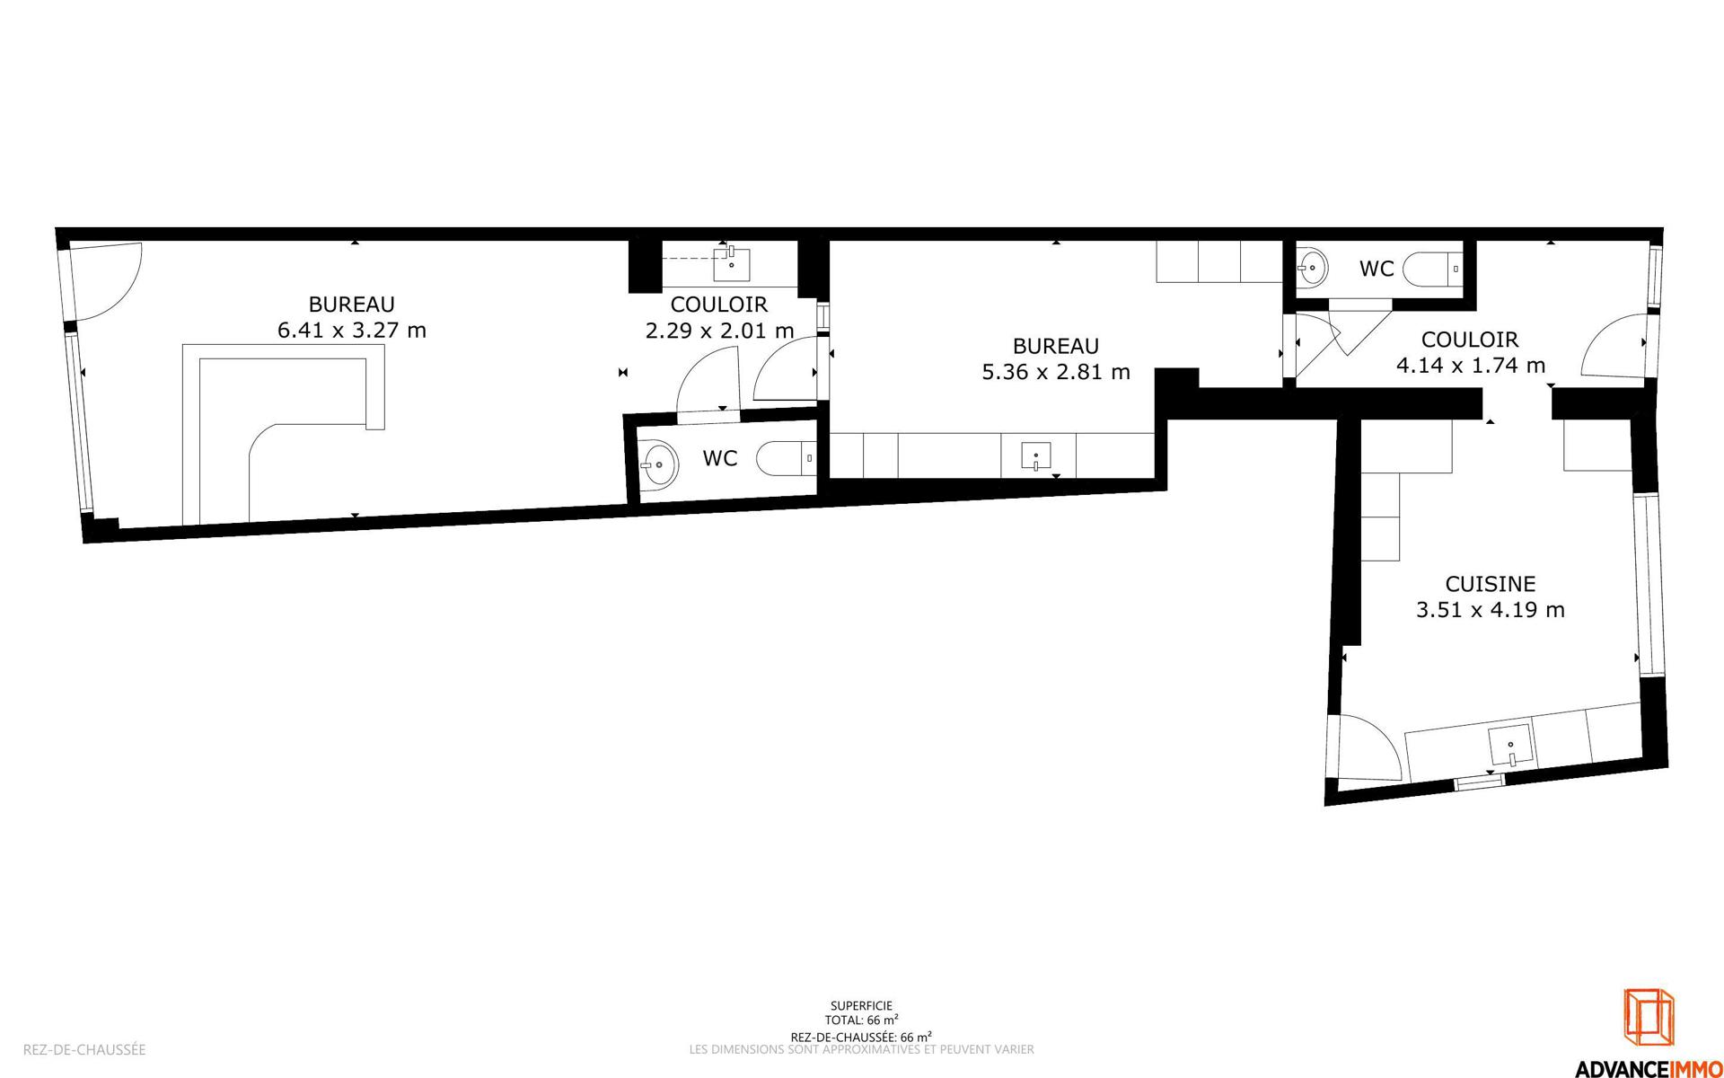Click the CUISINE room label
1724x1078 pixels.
(x=1490, y=584)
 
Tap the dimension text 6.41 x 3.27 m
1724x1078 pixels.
(x=352, y=331)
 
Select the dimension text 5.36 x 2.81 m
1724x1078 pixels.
(x=1056, y=372)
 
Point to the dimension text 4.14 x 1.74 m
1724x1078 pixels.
(x=1471, y=366)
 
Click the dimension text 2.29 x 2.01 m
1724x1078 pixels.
(x=720, y=331)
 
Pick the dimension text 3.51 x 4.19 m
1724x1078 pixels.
(x=1491, y=610)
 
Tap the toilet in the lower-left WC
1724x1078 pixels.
(x=787, y=459)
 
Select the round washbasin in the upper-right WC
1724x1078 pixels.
(x=1312, y=266)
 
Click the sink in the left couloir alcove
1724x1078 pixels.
(x=732, y=263)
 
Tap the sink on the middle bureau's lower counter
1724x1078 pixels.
(x=1036, y=456)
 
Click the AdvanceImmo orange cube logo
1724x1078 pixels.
(x=1649, y=1017)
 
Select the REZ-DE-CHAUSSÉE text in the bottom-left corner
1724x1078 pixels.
(x=84, y=1049)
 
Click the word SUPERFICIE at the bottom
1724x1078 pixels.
(x=862, y=1006)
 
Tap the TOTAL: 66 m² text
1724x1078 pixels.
(x=862, y=1020)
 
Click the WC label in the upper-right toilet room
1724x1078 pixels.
(x=1377, y=269)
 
